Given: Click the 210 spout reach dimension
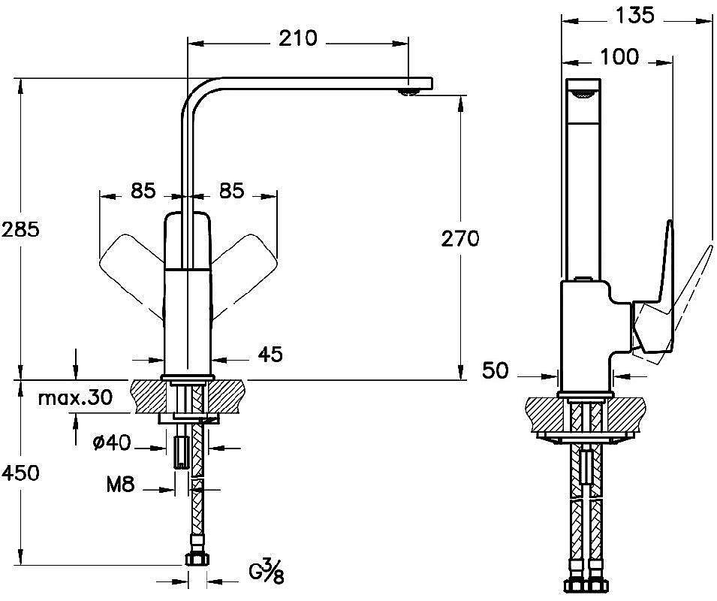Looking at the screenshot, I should click(x=297, y=38).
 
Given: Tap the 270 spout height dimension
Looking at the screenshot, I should click(x=459, y=239).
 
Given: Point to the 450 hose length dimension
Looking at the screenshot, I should click(x=20, y=473).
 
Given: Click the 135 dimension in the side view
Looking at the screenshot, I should click(x=635, y=14).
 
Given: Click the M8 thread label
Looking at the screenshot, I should click(x=119, y=485).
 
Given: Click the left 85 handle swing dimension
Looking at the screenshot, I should click(x=142, y=192).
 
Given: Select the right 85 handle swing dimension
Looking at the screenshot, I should click(x=232, y=192).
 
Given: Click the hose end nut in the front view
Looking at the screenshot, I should click(x=197, y=559).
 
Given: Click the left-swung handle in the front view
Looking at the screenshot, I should click(x=128, y=259).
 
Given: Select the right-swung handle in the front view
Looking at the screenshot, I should click(x=247, y=259).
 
